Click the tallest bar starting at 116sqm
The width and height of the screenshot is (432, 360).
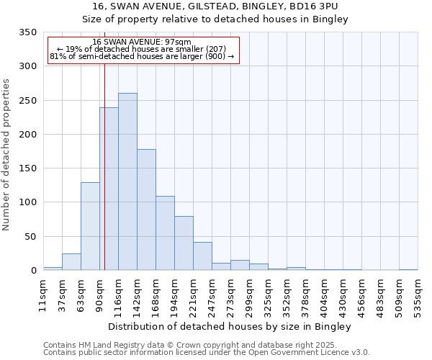(x=127, y=181)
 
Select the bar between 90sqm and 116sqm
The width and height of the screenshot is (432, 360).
(x=109, y=189)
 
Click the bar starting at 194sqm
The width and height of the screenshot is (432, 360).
(x=184, y=243)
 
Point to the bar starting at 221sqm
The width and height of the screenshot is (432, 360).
(x=202, y=256)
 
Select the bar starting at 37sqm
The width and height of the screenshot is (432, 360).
(x=71, y=262)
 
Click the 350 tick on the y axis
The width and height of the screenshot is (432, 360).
(x=27, y=32)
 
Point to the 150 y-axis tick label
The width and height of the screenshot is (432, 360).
(x=27, y=168)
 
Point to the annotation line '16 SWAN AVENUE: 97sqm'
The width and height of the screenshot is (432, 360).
(x=142, y=42)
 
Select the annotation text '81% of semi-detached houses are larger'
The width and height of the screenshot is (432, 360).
(x=142, y=56)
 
